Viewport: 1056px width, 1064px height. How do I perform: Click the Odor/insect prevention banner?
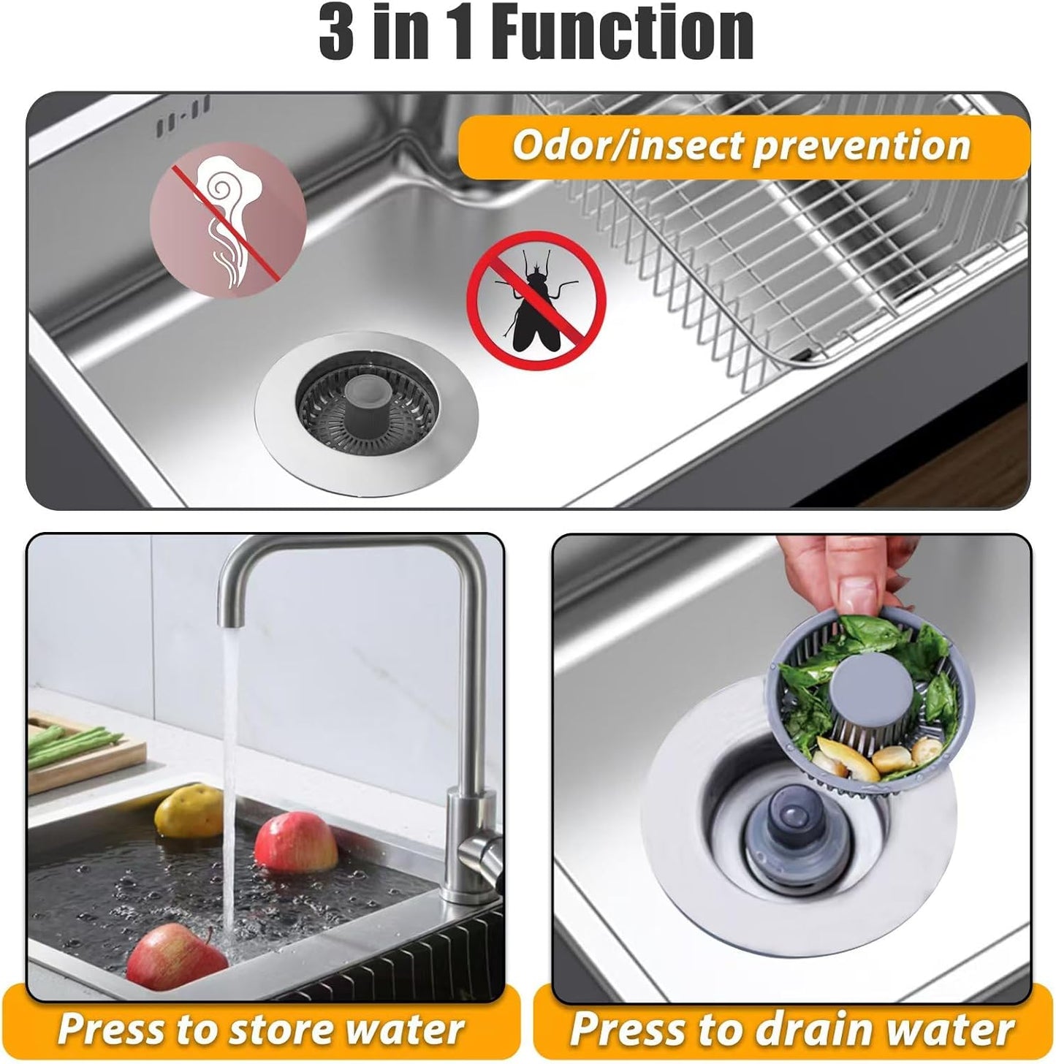coord(741,146)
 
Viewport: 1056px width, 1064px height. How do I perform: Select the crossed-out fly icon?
coord(536,301)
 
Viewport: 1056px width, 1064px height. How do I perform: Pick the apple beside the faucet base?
coord(296,843)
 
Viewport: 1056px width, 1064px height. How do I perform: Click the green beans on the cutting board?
coord(73,740)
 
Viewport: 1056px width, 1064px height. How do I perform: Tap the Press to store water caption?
coord(261,1029)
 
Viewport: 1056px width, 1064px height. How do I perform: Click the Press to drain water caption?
coord(791,1029)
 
